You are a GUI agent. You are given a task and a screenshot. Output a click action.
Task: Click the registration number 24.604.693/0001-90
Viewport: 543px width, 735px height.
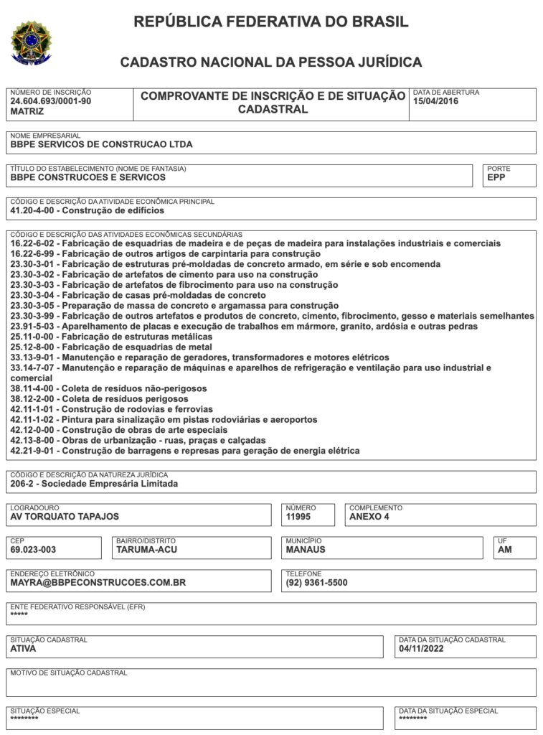click(x=51, y=102)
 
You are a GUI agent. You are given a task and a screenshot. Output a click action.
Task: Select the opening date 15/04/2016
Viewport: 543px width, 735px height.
click(x=435, y=102)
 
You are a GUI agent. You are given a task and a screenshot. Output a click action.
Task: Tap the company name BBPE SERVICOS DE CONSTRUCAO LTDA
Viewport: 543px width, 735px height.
click(x=101, y=144)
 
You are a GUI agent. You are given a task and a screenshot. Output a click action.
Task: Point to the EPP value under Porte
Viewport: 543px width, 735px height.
click(x=496, y=177)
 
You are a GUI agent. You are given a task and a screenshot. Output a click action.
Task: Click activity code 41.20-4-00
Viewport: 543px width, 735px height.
click(x=34, y=211)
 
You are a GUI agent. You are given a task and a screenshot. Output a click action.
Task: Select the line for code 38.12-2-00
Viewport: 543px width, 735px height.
click(x=100, y=399)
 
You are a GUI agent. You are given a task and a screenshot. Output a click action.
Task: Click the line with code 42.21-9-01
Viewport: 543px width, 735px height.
click(x=185, y=451)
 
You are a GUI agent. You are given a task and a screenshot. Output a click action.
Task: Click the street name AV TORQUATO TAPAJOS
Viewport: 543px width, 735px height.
click(x=65, y=517)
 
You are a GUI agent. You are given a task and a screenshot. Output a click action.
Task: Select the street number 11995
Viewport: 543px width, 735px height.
click(x=298, y=517)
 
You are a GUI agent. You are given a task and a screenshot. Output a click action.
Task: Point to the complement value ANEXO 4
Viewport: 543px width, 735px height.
click(x=369, y=517)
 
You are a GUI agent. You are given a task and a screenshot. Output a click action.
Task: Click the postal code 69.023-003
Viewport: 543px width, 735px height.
click(x=33, y=550)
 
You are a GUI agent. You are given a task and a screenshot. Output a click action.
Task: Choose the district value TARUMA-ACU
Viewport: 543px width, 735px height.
click(x=146, y=550)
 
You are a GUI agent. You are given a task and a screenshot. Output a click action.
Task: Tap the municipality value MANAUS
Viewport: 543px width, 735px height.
click(x=306, y=550)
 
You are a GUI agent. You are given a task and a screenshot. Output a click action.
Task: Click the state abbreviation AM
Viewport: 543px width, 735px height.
click(x=505, y=550)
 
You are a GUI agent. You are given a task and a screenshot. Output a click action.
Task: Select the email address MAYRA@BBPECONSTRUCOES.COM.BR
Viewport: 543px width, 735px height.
click(x=98, y=583)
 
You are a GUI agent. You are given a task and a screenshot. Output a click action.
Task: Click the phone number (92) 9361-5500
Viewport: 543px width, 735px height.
click(x=316, y=583)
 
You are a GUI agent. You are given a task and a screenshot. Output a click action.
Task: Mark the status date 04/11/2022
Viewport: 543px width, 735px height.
click(x=422, y=649)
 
